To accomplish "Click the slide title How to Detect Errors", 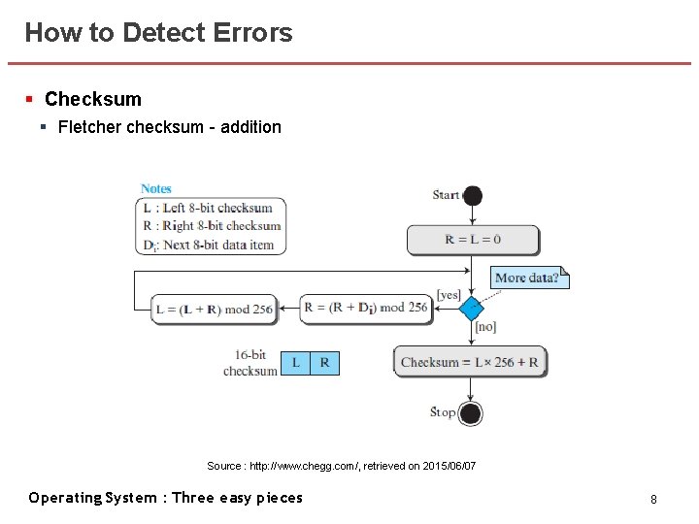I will pos(158,32).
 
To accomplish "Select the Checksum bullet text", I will pos(92,99).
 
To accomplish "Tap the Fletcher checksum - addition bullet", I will pos(169,127).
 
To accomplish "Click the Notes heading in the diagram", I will pos(155,188).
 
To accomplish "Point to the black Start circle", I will pos(472,195).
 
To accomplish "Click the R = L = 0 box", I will pos(473,240).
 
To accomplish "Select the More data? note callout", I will pos(528,278).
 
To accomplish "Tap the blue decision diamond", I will pos(471,309).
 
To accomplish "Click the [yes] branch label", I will pos(449,294).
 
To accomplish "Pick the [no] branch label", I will pos(485,328).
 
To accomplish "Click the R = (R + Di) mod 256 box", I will pos(365,309).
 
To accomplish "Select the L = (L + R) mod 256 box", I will pos(215,310).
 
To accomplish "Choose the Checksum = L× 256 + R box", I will pos(470,362).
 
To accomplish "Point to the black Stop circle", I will pos(471,413).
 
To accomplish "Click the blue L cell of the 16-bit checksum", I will pos(295,363).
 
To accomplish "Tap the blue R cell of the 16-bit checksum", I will pos(324,363).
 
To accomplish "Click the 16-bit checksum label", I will pos(250,363).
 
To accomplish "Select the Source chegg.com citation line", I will pos(341,467).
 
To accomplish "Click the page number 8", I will pos(653,499).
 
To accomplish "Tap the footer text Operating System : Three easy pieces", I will pos(165,498).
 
